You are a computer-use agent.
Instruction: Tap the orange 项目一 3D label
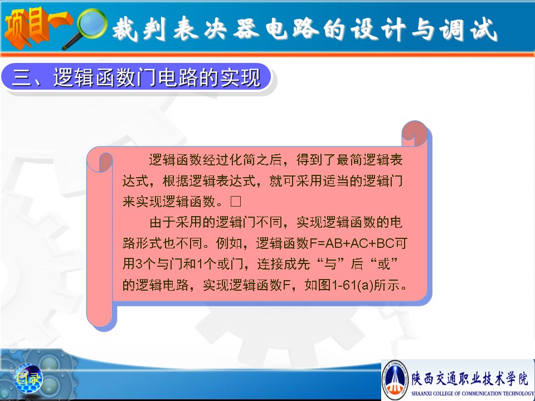pos(37,27)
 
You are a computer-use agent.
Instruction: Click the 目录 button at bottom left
pos(28,378)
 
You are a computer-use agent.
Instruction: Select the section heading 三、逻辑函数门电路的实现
pos(137,77)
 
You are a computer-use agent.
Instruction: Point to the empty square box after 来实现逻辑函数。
pos(236,201)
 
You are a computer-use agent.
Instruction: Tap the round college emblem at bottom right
pos(395,379)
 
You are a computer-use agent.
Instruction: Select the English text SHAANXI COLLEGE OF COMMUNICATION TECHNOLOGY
pos(473,393)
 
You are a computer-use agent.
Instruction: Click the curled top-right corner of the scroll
pos(415,134)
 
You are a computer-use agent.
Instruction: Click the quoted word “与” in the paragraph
pos(330,264)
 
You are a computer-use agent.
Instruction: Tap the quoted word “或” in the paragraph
pos(385,264)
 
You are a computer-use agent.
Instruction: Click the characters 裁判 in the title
pos(139,29)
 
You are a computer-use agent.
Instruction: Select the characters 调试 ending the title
pos(468,29)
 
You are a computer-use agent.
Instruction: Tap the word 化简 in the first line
pos(242,160)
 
